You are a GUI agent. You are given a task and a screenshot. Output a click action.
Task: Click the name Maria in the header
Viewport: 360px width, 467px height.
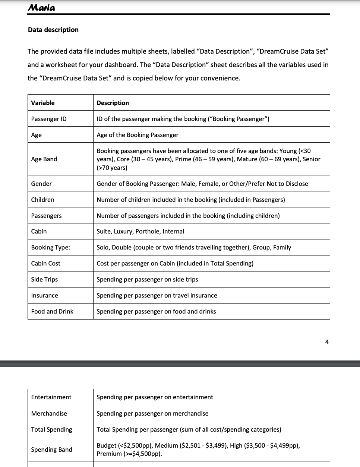[41, 7]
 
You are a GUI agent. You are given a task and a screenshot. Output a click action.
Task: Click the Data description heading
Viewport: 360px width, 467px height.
[53, 30]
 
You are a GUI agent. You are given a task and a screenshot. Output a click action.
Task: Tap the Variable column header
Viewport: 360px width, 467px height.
[43, 103]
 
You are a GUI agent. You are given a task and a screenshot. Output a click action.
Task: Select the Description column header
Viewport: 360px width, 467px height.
[113, 103]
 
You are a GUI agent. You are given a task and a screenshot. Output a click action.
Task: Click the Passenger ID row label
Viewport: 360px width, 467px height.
[49, 119]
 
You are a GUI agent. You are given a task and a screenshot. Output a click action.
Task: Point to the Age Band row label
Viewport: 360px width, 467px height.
[44, 159]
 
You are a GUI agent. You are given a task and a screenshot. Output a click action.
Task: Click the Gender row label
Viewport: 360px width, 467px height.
[41, 184]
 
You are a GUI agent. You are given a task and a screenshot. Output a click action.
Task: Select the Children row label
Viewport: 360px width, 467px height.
[42, 200]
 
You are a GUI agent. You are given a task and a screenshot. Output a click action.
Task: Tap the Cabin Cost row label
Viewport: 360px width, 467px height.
[45, 263]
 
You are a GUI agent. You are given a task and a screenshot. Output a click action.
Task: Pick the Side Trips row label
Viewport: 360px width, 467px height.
[44, 279]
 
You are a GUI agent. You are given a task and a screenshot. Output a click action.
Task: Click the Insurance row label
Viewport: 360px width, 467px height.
[44, 295]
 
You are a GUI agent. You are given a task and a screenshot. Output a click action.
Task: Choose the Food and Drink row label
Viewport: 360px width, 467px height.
[52, 311]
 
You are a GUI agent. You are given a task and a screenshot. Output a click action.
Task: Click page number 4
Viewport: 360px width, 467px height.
[327, 342]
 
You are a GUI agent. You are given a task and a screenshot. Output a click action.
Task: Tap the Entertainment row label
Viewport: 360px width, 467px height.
[51, 397]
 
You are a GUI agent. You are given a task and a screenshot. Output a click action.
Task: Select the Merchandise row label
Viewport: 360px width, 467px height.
[49, 413]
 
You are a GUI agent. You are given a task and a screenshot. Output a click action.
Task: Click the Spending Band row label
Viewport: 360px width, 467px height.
[51, 449]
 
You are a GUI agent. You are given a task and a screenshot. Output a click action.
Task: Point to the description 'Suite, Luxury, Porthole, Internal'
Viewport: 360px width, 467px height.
[140, 231]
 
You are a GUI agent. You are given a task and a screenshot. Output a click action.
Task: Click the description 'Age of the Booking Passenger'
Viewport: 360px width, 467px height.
[137, 135]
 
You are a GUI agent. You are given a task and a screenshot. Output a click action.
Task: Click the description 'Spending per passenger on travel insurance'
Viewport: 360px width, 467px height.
[157, 295]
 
